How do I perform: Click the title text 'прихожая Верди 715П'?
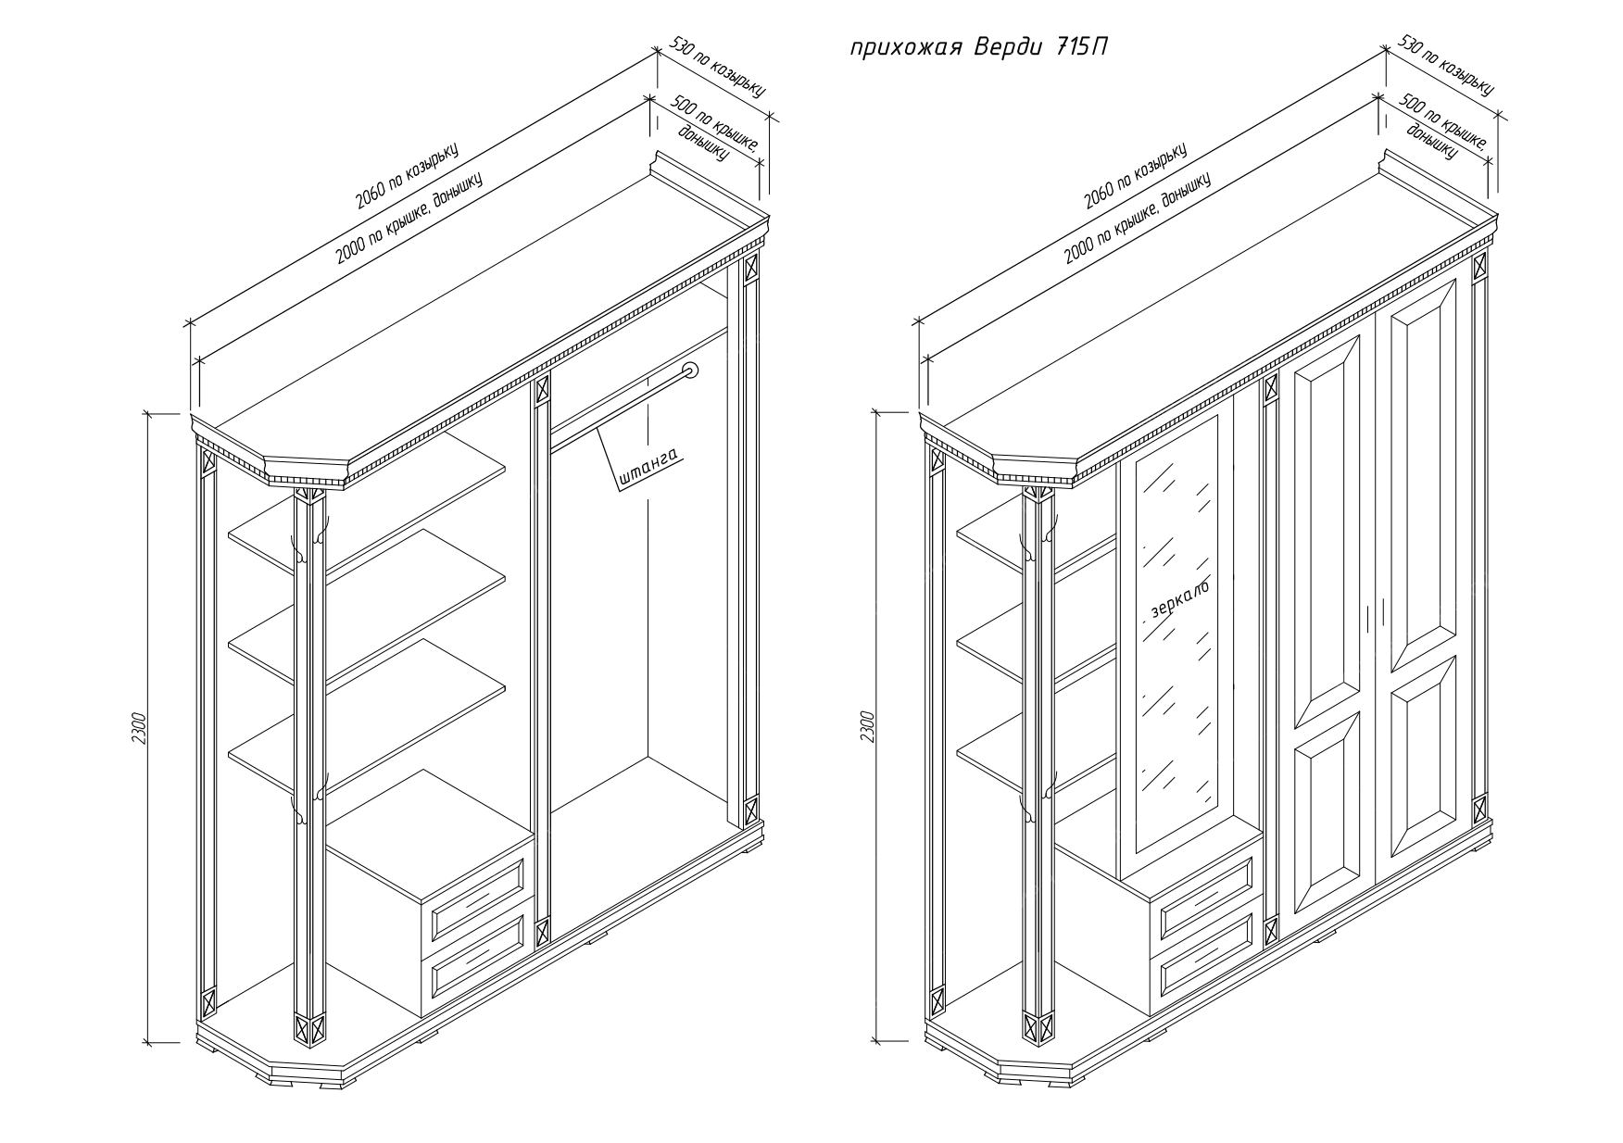point(977,48)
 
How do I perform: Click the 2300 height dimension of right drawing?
point(867,728)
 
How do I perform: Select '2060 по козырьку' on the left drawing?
point(407,176)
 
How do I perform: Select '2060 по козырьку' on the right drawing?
point(1135,176)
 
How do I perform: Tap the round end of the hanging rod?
point(690,371)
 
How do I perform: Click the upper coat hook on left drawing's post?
point(298,547)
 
